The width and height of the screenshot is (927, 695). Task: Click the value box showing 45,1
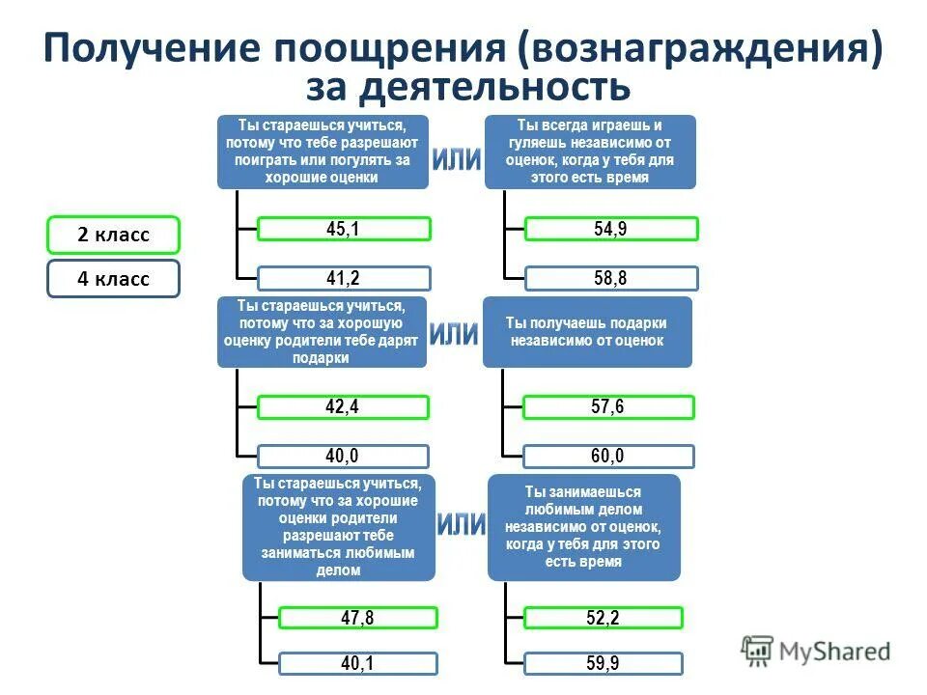tap(344, 229)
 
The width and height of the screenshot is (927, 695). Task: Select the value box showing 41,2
tap(344, 279)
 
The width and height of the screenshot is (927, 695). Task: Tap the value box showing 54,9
tap(610, 229)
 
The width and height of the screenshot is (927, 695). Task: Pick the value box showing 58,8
tap(610, 279)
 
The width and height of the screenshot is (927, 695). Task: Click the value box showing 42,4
tap(343, 407)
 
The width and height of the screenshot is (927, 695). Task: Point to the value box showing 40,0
tap(343, 456)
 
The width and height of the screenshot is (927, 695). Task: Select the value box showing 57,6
tap(607, 407)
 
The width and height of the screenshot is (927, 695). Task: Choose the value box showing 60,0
tap(607, 456)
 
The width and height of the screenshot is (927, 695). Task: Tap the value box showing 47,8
tap(357, 618)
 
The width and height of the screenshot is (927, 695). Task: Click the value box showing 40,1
tap(357, 663)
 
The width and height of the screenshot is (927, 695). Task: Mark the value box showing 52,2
tap(603, 618)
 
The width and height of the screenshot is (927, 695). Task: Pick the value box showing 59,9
tap(603, 663)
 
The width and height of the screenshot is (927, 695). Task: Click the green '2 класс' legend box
tap(113, 235)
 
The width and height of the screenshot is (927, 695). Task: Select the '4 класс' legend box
tap(113, 279)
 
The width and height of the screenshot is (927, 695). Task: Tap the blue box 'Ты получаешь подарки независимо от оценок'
tap(587, 332)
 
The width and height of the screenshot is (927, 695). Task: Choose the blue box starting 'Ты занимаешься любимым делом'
tap(583, 526)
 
